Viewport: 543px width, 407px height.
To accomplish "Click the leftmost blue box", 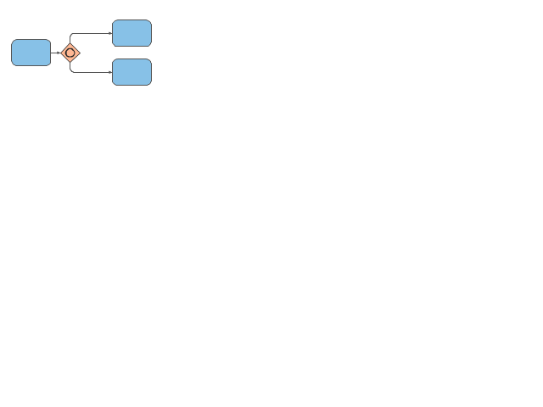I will point(31,53).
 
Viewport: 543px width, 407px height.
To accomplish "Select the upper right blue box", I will point(132,33).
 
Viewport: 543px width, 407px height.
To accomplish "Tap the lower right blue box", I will point(132,72).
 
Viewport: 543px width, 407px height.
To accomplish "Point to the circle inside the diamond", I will point(70,53).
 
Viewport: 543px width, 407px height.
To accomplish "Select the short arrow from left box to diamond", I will point(55,53).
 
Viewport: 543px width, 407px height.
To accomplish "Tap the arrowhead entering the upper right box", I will point(110,33).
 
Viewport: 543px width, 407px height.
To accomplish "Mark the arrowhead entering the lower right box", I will point(110,72).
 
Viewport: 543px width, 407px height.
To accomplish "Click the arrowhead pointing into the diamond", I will point(59,53).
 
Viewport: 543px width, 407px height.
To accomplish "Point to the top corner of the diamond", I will point(70,42).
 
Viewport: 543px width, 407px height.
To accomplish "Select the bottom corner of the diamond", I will point(70,63).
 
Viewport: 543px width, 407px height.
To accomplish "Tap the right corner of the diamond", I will point(81,53).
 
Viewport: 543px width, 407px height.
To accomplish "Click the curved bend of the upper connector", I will point(71,35).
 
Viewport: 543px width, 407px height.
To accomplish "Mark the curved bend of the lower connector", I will point(71,70).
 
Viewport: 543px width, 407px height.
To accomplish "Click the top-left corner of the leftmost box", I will point(13,41).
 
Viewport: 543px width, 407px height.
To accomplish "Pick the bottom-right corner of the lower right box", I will point(150,84).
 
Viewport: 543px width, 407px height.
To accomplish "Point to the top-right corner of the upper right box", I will point(150,21).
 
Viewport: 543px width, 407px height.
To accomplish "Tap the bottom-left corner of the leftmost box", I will point(13,64).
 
